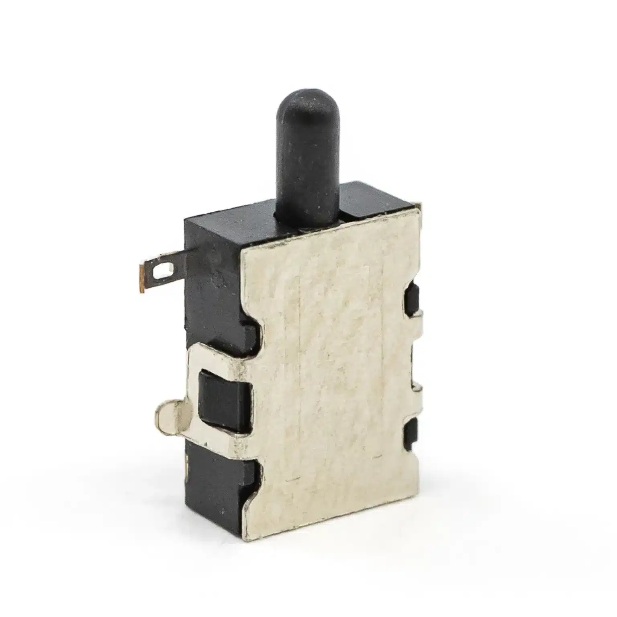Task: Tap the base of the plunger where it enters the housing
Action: click(x=307, y=215)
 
